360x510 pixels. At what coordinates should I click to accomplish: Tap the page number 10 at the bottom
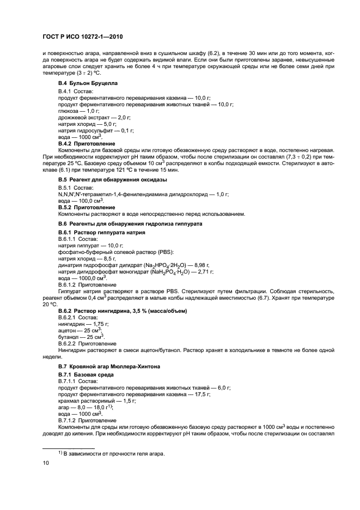pyautogui.click(x=46, y=463)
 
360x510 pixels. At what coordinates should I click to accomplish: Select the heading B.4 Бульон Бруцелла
pyautogui.click(x=88, y=83)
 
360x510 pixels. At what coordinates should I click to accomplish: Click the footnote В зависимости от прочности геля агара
pyautogui.click(x=111, y=454)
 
